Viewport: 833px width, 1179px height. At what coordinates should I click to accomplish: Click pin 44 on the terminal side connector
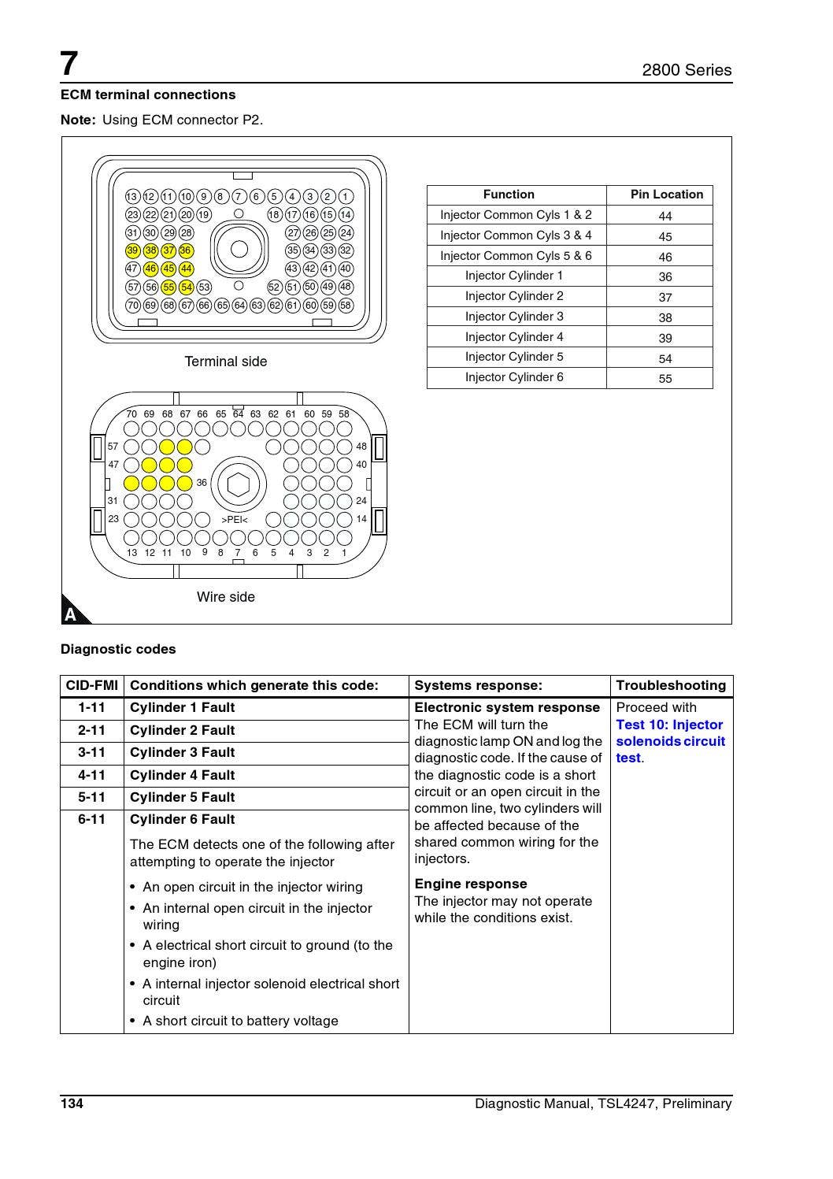pos(186,269)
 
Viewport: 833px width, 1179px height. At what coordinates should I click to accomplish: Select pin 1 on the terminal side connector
pos(346,197)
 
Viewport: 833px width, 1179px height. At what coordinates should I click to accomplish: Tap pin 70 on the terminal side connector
pos(132,305)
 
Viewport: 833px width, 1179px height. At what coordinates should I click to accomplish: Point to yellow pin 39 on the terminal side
pos(132,250)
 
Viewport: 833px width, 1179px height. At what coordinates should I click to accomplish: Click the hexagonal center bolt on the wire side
pos(238,484)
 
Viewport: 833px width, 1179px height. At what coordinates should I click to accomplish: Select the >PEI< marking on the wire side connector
pos(235,520)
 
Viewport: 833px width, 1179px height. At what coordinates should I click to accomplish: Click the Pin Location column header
pos(666,195)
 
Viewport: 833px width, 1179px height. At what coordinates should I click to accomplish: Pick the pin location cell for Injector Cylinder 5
pos(665,358)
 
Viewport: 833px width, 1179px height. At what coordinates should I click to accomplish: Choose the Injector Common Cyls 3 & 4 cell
pos(516,235)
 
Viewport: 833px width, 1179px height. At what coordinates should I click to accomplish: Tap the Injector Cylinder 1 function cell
pos(514,276)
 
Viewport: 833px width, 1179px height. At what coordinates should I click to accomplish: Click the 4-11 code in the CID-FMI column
pos(91,775)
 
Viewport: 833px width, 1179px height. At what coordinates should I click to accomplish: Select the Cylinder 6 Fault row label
pos(182,819)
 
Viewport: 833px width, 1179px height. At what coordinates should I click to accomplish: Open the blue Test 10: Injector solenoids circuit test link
pos(670,741)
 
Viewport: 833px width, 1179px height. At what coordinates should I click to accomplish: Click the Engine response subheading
pos(470,884)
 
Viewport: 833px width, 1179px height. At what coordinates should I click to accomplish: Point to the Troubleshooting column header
pos(671,685)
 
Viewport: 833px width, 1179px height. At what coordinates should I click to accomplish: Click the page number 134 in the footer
pos(72,1103)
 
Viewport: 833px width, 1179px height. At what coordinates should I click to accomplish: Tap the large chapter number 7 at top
pos(70,64)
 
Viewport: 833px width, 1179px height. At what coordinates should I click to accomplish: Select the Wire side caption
pos(226,597)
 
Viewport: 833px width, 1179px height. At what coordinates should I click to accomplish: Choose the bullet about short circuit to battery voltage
pos(240,1021)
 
